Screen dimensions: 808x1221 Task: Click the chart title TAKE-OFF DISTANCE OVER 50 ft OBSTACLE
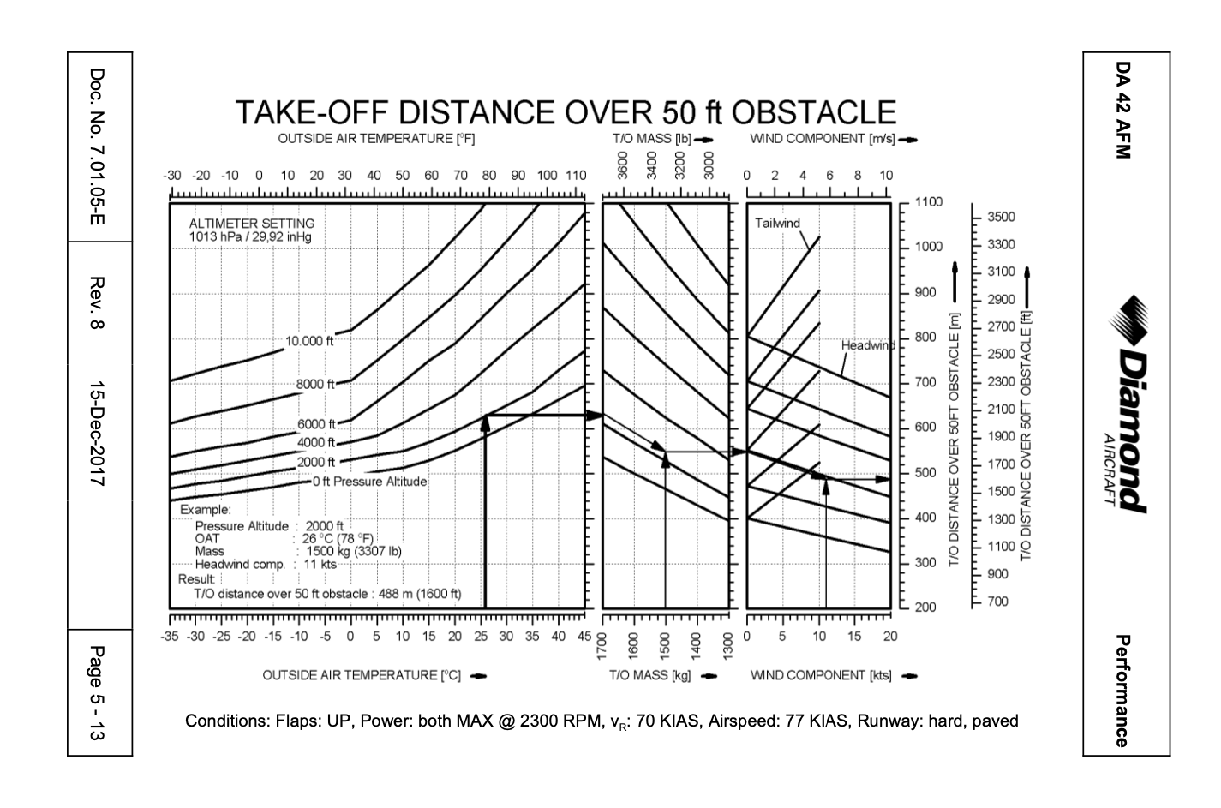(566, 113)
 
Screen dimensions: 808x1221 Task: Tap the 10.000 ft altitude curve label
(308, 341)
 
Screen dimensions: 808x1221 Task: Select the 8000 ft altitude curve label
(315, 384)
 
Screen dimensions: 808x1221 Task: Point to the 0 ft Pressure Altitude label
(369, 482)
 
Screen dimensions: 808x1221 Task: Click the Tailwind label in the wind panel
(777, 224)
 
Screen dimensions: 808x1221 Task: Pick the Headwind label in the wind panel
(867, 345)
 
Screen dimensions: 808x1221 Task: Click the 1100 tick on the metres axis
(928, 202)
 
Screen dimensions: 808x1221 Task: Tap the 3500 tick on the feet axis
(1001, 217)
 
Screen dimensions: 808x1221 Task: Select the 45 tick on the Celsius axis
(584, 637)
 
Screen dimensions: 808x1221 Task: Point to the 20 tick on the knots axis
(890, 637)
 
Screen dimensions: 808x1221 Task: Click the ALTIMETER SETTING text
(251, 224)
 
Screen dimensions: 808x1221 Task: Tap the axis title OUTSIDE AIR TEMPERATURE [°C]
(362, 675)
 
